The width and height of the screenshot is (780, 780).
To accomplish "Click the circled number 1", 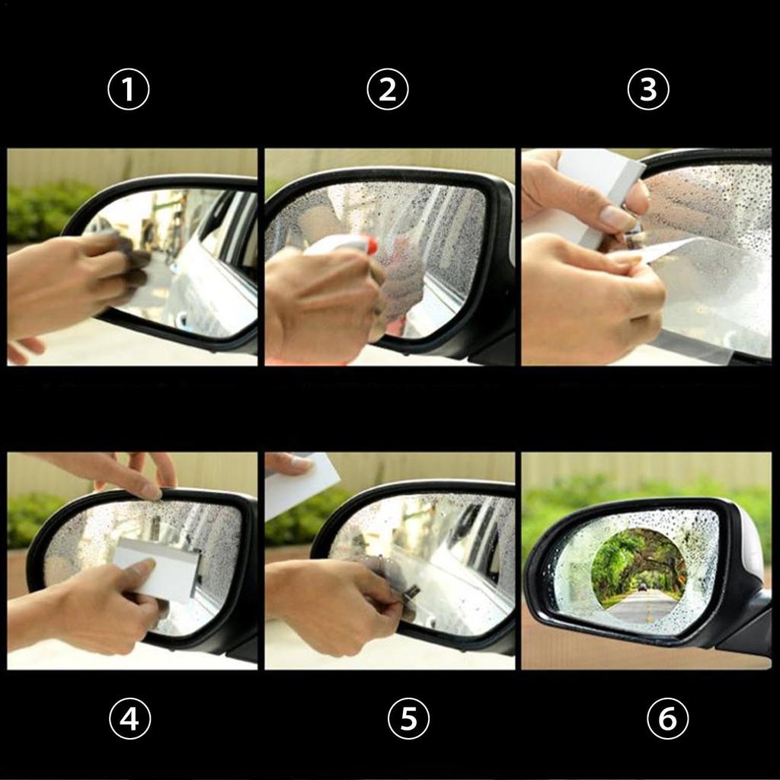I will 128,90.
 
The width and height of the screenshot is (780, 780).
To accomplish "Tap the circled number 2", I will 388,90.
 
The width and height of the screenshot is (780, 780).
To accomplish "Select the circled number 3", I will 648,90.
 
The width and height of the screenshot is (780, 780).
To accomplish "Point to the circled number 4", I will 129,718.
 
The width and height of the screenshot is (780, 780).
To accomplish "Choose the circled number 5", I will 408,718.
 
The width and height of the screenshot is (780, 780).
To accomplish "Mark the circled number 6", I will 668,718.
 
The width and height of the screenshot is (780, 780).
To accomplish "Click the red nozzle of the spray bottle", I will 371,245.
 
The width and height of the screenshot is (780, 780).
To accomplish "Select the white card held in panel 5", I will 302,485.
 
